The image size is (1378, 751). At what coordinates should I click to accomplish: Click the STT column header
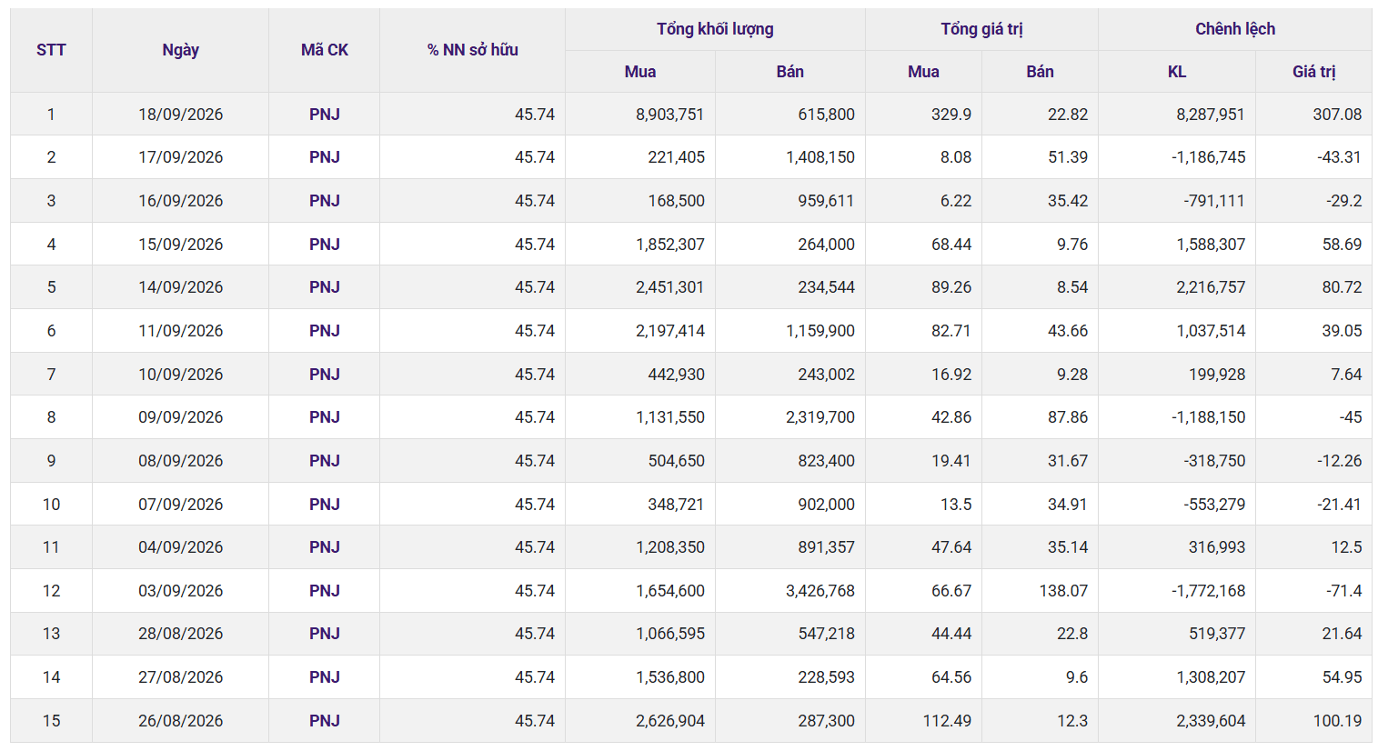(x=51, y=50)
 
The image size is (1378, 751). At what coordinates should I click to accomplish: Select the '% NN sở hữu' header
(x=472, y=50)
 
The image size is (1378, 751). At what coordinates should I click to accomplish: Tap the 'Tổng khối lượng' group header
(x=715, y=29)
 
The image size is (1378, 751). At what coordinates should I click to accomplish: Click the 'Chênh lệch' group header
(x=1234, y=29)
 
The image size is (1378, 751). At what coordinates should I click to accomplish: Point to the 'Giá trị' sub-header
(x=1313, y=72)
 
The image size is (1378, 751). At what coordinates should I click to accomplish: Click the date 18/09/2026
(x=180, y=115)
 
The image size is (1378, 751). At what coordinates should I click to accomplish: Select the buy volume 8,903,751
(x=669, y=115)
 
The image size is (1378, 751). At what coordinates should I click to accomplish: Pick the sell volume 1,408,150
(x=820, y=157)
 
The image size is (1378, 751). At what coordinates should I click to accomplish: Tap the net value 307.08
(x=1337, y=115)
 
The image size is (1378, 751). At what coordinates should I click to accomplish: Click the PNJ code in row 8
(x=324, y=417)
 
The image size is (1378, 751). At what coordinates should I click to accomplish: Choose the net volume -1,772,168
(x=1208, y=590)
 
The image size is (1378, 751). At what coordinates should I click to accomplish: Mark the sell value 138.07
(x=1063, y=590)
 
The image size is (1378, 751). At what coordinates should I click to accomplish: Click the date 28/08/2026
(x=180, y=634)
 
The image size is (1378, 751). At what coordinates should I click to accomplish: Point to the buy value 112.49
(x=947, y=720)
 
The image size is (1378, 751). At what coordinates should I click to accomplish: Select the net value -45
(x=1351, y=417)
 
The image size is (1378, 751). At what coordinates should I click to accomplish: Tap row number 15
(x=51, y=720)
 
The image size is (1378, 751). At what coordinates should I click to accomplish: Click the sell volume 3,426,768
(x=820, y=590)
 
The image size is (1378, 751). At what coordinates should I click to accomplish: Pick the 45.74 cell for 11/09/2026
(x=535, y=331)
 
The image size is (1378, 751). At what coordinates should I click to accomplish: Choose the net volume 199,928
(x=1217, y=374)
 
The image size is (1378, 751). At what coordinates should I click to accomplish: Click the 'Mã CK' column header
(x=324, y=50)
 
